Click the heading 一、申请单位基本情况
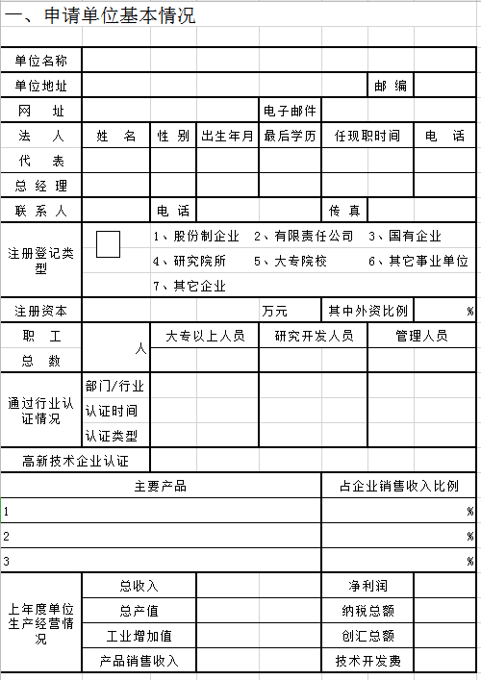tap(99, 16)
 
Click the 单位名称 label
tap(40, 61)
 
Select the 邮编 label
tap(391, 86)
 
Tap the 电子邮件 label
tap(290, 111)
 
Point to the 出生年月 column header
tap(228, 136)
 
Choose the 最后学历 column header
tap(290, 136)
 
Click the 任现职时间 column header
tap(367, 136)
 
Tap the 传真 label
tap(344, 211)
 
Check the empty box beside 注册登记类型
tap(108, 244)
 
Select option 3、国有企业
tap(405, 236)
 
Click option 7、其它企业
tap(190, 286)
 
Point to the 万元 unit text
tap(275, 311)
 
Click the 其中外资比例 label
tap(367, 311)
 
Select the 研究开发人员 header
tap(313, 336)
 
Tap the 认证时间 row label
tap(112, 411)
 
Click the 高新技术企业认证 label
tap(76, 461)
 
